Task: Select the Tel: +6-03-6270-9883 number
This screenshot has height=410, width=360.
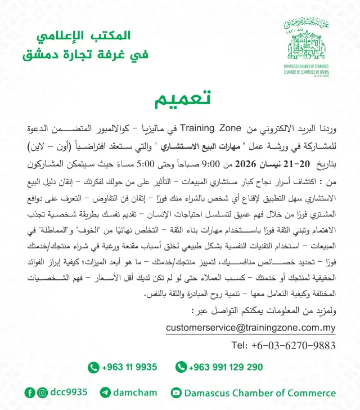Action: pos(283,345)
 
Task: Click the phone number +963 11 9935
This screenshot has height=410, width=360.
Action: pos(129,367)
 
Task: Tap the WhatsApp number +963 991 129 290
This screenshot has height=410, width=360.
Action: pos(226,367)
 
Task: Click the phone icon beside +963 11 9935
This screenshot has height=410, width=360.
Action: pos(93,367)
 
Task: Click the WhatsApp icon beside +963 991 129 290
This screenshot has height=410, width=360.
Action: pos(181,367)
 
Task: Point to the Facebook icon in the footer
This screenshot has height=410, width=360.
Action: pos(30,393)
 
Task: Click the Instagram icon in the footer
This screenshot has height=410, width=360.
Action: pos(43,393)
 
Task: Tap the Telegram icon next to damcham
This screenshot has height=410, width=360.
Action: pos(105,393)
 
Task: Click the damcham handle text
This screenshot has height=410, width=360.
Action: pos(135,393)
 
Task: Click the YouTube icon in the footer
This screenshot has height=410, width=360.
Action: pos(176,393)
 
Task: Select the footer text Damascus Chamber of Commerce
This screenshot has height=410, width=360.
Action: pos(259,393)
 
